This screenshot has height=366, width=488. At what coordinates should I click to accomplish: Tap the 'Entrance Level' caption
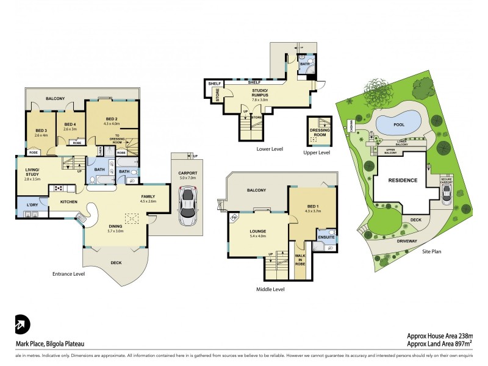[68, 274]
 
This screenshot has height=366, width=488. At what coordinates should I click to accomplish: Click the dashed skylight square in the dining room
[131, 218]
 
